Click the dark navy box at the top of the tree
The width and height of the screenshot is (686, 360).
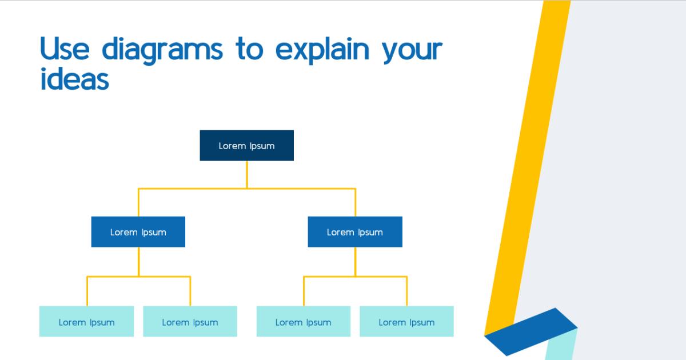[246, 145]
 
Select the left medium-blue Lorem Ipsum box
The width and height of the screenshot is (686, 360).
[138, 231]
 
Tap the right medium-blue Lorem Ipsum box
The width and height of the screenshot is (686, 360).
[354, 231]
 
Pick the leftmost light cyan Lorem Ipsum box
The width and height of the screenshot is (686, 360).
[86, 321]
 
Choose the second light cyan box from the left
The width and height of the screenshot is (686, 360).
[190, 321]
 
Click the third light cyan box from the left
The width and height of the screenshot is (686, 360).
[303, 321]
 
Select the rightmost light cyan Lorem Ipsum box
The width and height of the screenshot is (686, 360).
[406, 321]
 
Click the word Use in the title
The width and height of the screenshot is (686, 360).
[65, 49]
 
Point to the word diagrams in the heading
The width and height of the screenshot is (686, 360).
[162, 50]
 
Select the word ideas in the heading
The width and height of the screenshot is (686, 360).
[74, 79]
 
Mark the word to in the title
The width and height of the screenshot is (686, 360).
[249, 50]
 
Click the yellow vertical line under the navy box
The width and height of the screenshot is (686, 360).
[247, 174]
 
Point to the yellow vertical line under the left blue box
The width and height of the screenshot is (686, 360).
[138, 262]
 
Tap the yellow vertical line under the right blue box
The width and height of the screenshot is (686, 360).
[355, 262]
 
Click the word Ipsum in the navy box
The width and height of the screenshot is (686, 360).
[262, 146]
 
